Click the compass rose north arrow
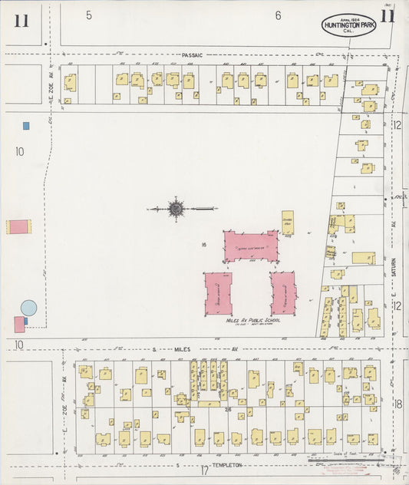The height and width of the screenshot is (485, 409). click(x=176, y=208)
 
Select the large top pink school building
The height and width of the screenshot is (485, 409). click(x=251, y=246)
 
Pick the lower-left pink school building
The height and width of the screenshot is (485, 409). click(x=219, y=293)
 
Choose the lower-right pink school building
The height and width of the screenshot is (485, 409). click(x=283, y=292)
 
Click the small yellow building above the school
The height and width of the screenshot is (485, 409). click(x=288, y=223)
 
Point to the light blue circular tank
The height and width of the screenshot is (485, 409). click(x=28, y=308)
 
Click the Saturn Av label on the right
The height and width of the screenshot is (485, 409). click(x=391, y=226)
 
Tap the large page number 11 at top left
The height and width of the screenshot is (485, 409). click(x=21, y=21)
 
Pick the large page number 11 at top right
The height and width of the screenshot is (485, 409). click(x=388, y=18)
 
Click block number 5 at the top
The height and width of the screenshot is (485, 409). click(x=89, y=15)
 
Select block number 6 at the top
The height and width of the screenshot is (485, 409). click(x=278, y=15)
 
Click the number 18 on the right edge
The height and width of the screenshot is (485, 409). click(x=398, y=404)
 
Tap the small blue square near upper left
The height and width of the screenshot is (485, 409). click(x=26, y=126)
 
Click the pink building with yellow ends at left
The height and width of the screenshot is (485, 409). click(x=18, y=227)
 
